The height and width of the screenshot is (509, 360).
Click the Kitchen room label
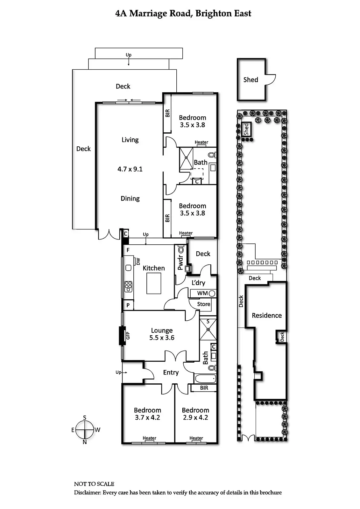coord(154,268)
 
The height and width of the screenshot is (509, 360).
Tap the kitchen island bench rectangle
coord(154,283)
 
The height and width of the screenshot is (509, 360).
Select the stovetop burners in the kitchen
coord(128,286)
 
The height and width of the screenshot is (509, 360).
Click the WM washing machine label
coord(202,293)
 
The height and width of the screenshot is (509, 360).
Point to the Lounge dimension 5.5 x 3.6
coord(162,338)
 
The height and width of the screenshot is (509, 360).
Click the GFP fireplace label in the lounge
coord(128,336)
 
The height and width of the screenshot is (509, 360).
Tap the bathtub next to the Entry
coord(205,379)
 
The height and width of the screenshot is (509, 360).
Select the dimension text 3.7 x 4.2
coord(147,417)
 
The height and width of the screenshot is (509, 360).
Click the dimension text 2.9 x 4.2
coord(195,417)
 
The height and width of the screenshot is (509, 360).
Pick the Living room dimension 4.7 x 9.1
coord(130,169)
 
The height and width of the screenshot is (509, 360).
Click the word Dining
coord(130,199)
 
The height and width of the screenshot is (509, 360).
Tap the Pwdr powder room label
coord(180,262)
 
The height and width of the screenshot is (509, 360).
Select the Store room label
coord(203,304)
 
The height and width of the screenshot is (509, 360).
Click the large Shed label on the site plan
coord(251,80)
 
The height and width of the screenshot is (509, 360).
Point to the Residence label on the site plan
coord(267,316)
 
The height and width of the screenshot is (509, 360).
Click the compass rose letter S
coord(85,418)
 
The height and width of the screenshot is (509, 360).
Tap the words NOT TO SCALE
coord(94,484)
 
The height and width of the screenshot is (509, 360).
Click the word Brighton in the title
coord(213,13)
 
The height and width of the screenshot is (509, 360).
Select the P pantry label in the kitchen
coord(128,305)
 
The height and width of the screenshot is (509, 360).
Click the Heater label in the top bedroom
coord(201,142)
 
